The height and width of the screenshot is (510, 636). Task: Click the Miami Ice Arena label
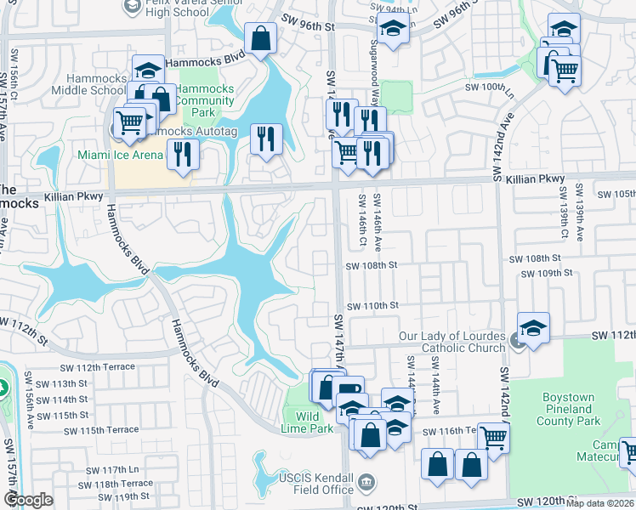click(121, 155)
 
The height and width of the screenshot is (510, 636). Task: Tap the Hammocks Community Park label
click(206, 100)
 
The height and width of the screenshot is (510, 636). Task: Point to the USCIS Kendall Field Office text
click(315, 484)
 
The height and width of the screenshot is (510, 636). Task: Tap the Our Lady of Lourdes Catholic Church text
click(453, 342)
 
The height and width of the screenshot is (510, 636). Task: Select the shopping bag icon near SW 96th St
click(260, 38)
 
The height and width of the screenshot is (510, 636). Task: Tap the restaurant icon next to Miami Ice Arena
click(183, 153)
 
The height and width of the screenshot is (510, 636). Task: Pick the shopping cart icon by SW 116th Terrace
click(493, 439)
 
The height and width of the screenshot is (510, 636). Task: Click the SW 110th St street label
click(372, 305)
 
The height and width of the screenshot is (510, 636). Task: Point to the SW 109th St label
click(544, 273)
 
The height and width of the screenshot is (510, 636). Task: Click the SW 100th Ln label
click(491, 87)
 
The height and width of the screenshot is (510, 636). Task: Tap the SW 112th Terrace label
click(98, 367)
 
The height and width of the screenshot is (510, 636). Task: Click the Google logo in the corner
click(28, 500)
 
